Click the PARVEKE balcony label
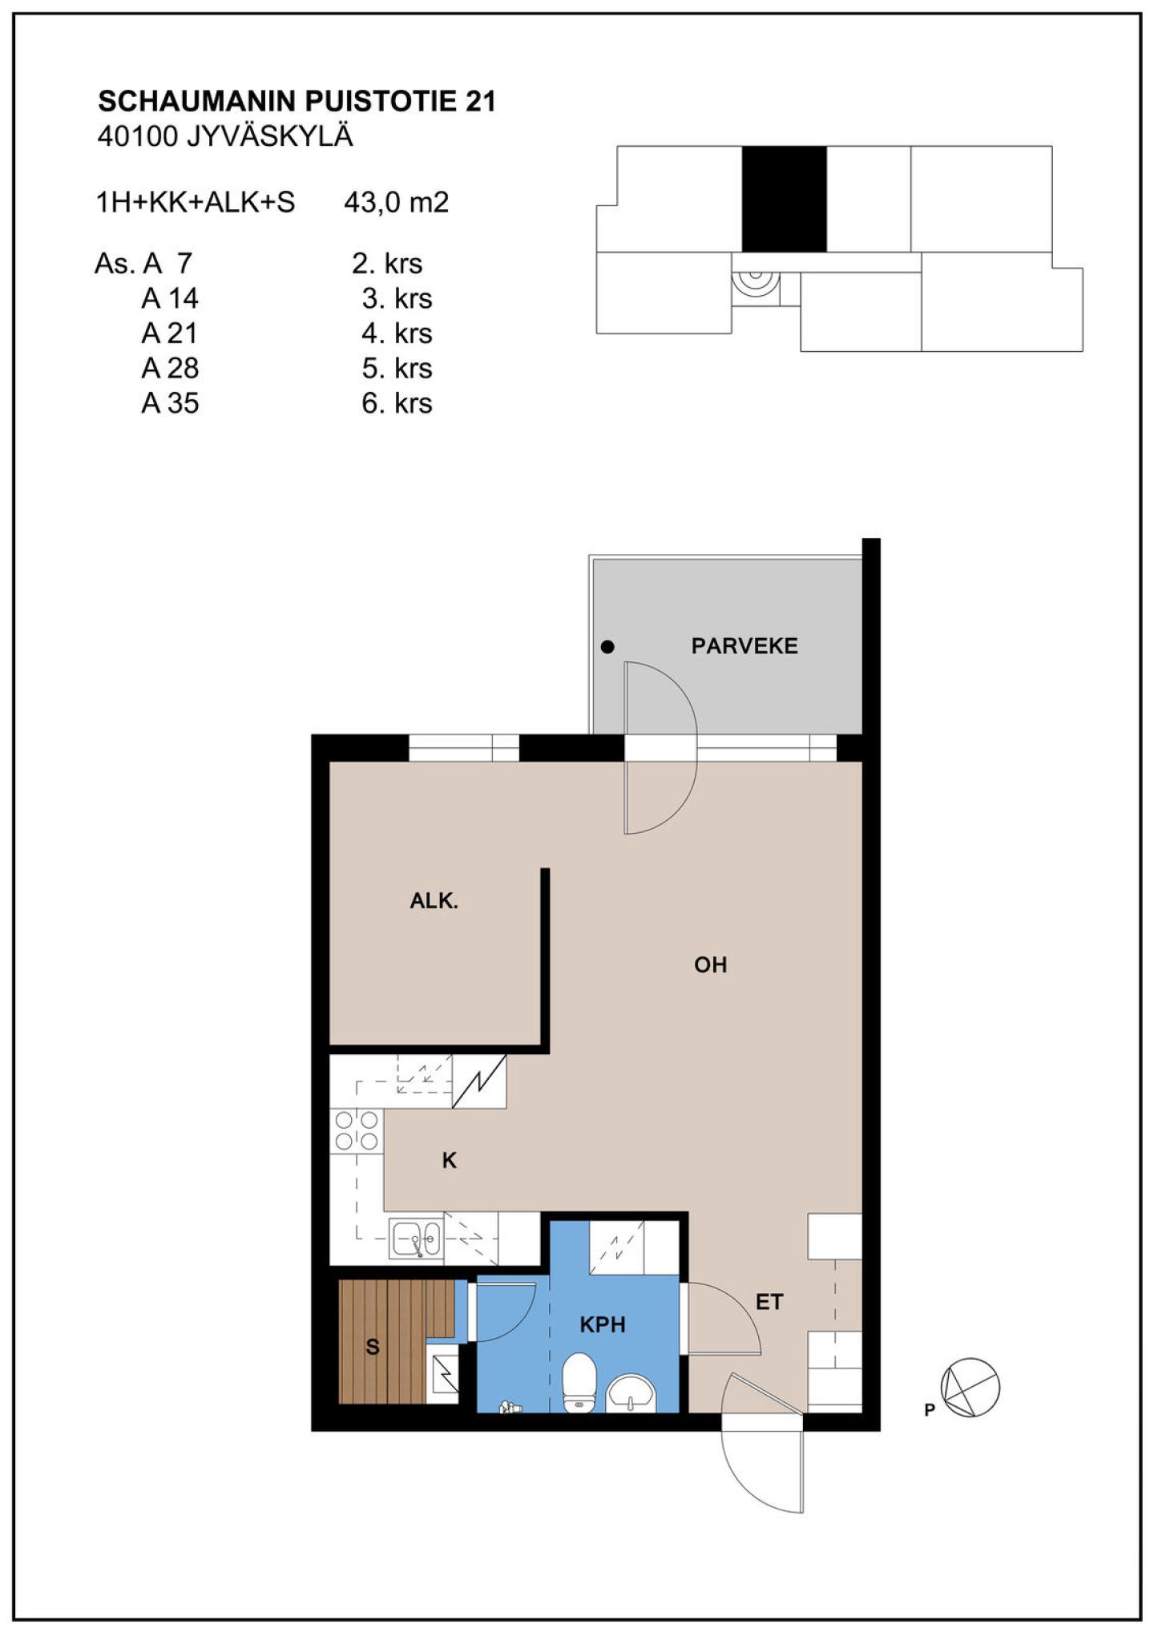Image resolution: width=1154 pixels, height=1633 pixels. click(x=744, y=646)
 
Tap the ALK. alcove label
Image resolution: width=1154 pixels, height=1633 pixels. click(x=434, y=901)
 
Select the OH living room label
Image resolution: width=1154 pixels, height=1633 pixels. click(x=710, y=964)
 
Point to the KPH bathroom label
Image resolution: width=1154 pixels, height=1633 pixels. click(x=602, y=1325)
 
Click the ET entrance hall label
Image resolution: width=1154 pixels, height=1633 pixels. click(x=769, y=1303)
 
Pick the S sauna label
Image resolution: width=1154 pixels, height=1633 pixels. click(x=373, y=1348)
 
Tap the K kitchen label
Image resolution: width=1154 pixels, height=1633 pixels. click(x=449, y=1160)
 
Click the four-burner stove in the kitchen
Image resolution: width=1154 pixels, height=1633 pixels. click(x=357, y=1130)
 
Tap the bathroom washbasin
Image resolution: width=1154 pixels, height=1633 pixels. click(x=631, y=1392)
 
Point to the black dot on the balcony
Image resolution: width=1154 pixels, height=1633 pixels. click(x=607, y=647)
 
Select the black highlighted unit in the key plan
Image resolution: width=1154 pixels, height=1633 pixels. click(x=784, y=199)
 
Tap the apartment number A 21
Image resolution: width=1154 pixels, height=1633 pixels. click(x=170, y=333)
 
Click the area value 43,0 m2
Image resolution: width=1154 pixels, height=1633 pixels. click(x=396, y=203)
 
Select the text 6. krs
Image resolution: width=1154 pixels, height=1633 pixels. click(x=397, y=402)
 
